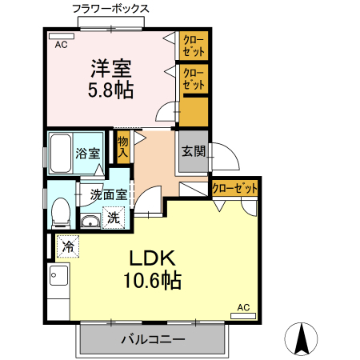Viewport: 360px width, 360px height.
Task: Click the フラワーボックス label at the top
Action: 110,10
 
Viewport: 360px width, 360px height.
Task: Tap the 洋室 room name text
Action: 110,67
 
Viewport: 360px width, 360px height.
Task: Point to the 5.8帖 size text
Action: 110,89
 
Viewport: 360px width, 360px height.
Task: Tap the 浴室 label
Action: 86,154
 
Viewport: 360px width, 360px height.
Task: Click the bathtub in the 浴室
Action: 60,154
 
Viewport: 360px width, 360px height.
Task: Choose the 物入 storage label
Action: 122,147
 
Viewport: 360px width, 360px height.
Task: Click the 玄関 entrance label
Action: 193,151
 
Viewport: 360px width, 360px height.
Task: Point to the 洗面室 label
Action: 108,194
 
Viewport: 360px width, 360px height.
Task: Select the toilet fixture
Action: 60,212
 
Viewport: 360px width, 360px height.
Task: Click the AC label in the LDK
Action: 243,306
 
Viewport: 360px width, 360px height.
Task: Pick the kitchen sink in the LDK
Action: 58,280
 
